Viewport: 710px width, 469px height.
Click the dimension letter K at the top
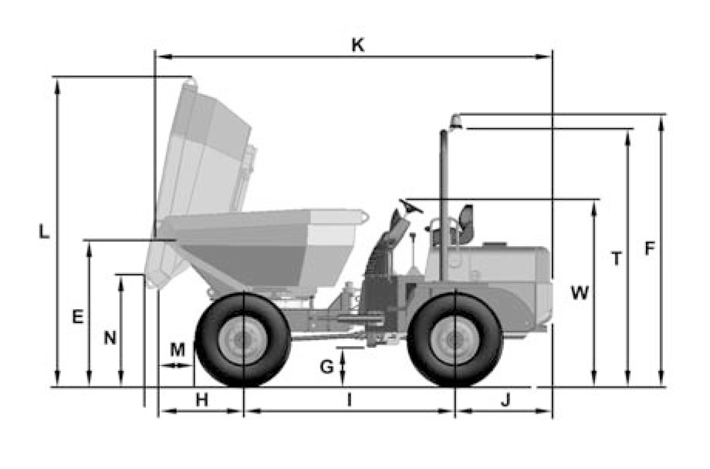pyautogui.click(x=358, y=46)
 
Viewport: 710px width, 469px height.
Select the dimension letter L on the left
pyautogui.click(x=44, y=231)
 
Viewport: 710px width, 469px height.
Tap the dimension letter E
pyautogui.click(x=78, y=316)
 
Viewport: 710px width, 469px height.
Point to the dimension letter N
pyautogui.click(x=110, y=338)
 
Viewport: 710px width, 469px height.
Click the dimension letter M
pyautogui.click(x=177, y=349)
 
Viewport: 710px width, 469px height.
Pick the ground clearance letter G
pyautogui.click(x=326, y=366)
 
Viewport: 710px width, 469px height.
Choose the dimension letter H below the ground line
pyautogui.click(x=202, y=400)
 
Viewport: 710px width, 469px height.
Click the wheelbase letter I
pyautogui.click(x=349, y=400)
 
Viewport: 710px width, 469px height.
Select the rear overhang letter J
pyautogui.click(x=505, y=400)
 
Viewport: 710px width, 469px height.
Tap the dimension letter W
pyautogui.click(x=580, y=293)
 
